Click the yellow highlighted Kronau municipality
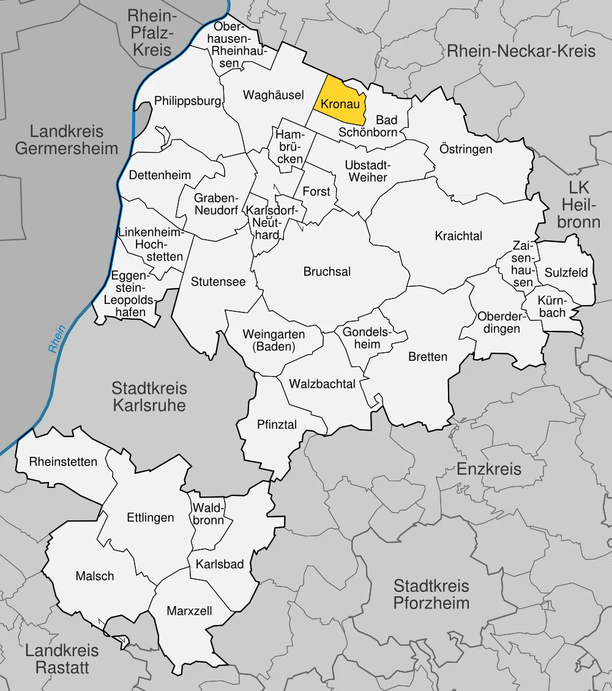click(x=340, y=104)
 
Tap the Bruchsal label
click(x=327, y=272)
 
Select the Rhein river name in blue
click(x=57, y=339)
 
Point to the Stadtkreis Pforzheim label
click(x=431, y=594)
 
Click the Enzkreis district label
click(x=489, y=469)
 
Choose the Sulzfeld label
click(x=565, y=272)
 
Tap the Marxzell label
click(x=189, y=610)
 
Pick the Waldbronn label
click(x=209, y=513)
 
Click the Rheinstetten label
click(x=63, y=462)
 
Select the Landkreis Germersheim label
click(x=67, y=139)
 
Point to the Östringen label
click(x=466, y=149)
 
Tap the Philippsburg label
click(x=187, y=101)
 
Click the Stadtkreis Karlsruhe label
click(x=149, y=396)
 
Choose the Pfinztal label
click(x=277, y=424)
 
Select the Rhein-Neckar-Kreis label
click(x=521, y=50)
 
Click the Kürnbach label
click(x=553, y=306)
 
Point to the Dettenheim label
click(x=160, y=175)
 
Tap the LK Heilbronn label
click(x=578, y=204)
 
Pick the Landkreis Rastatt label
click(x=62, y=659)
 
